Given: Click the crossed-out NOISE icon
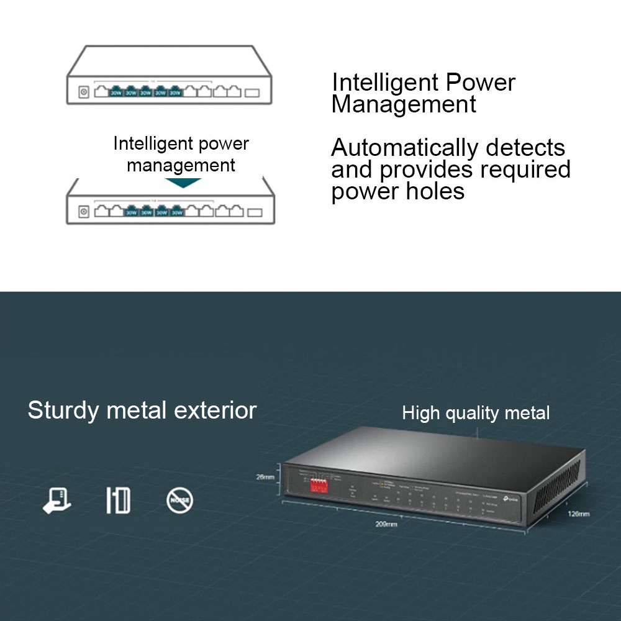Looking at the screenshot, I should (180, 500).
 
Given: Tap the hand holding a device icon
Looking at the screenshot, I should (57, 501).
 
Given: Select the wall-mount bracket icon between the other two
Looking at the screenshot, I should (118, 501).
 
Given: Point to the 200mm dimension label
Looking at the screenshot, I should (386, 524).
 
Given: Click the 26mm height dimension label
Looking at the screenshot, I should (265, 477).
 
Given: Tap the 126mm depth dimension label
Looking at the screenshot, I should (579, 514).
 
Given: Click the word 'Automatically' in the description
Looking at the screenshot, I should (404, 148).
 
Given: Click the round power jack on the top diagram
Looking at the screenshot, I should (83, 93).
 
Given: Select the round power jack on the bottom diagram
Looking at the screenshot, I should (83, 212).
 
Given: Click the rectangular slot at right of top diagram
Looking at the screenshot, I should (253, 94).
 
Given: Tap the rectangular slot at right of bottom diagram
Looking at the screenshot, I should (254, 212).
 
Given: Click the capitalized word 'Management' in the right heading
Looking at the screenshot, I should (404, 104).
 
